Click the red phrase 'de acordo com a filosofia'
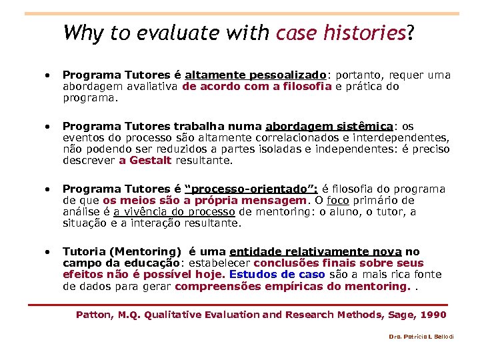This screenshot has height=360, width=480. (257, 86)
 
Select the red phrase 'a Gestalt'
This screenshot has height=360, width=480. (145, 160)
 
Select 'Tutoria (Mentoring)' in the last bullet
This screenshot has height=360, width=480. (122, 252)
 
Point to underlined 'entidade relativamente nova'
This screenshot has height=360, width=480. (315, 252)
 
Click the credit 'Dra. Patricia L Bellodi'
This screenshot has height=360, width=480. (421, 337)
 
